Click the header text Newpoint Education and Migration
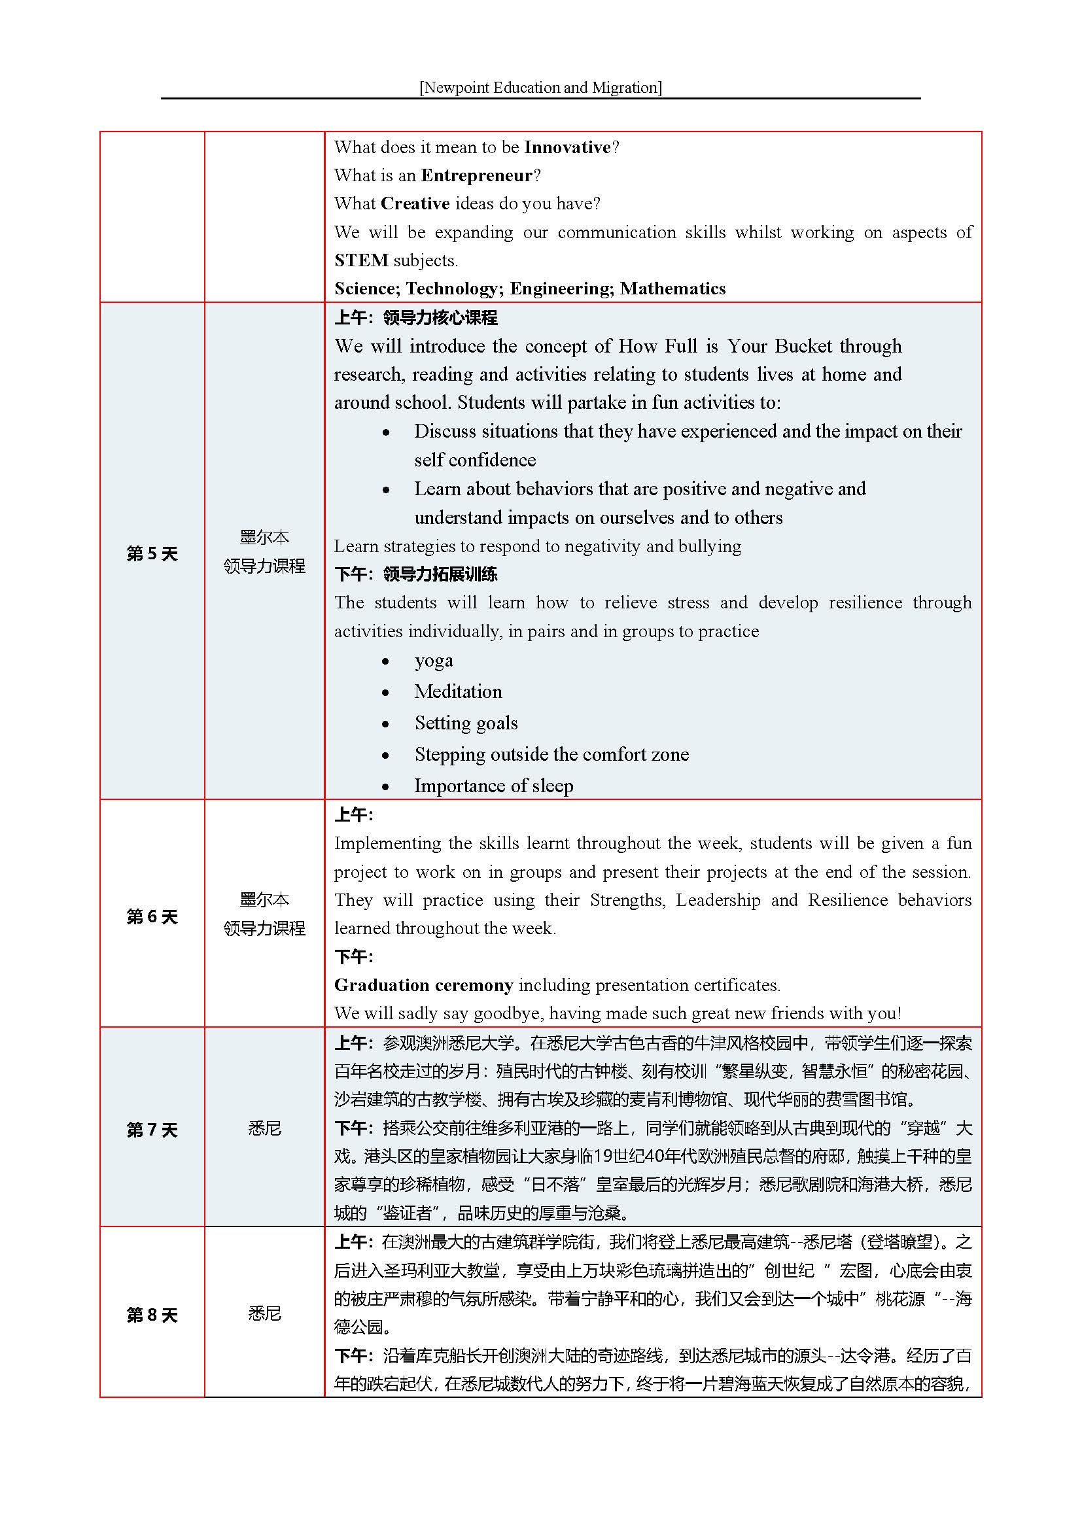[x=540, y=87]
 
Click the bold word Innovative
[x=567, y=147]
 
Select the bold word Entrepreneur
[x=477, y=175]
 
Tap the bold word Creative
[x=415, y=203]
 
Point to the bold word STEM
[x=361, y=260]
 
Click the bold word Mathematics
[x=672, y=288]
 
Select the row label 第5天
[x=152, y=553]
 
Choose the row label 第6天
[x=152, y=916]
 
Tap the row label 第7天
[x=152, y=1130]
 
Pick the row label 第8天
[x=152, y=1315]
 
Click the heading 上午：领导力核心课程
[x=416, y=317]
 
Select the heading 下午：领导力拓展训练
[x=416, y=574]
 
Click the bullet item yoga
[x=434, y=661]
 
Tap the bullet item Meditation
[x=458, y=691]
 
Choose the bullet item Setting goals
[x=466, y=722]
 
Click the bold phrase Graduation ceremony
[x=423, y=984]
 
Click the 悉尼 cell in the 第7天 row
[x=264, y=1128]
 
